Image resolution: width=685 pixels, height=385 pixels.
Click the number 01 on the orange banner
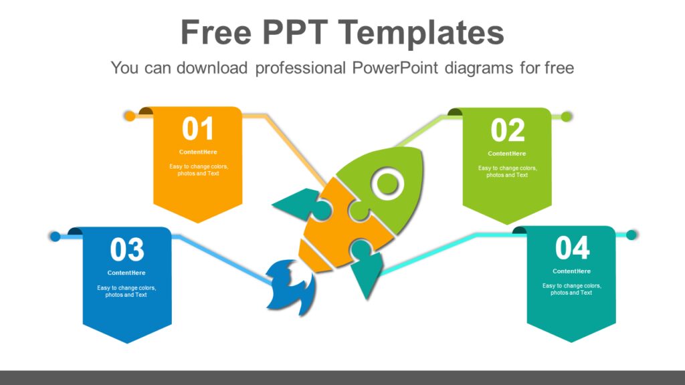coord(198,129)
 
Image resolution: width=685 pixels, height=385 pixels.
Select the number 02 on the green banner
coord(508,130)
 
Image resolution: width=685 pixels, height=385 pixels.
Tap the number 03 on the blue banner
coord(127,250)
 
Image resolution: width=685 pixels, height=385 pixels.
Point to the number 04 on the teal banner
coord(573,249)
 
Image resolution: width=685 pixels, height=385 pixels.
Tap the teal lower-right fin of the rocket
coord(365,267)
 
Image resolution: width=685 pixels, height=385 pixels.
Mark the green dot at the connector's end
coord(567,117)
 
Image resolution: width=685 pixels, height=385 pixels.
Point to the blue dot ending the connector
coord(56,236)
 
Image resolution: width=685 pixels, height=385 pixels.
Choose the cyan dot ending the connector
coord(631,235)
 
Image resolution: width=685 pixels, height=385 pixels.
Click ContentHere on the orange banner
coord(198,152)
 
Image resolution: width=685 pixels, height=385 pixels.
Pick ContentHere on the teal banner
coord(572,271)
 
